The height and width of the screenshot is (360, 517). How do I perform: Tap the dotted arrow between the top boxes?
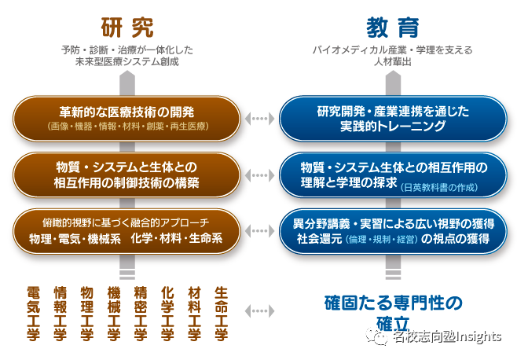coord(258,119)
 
